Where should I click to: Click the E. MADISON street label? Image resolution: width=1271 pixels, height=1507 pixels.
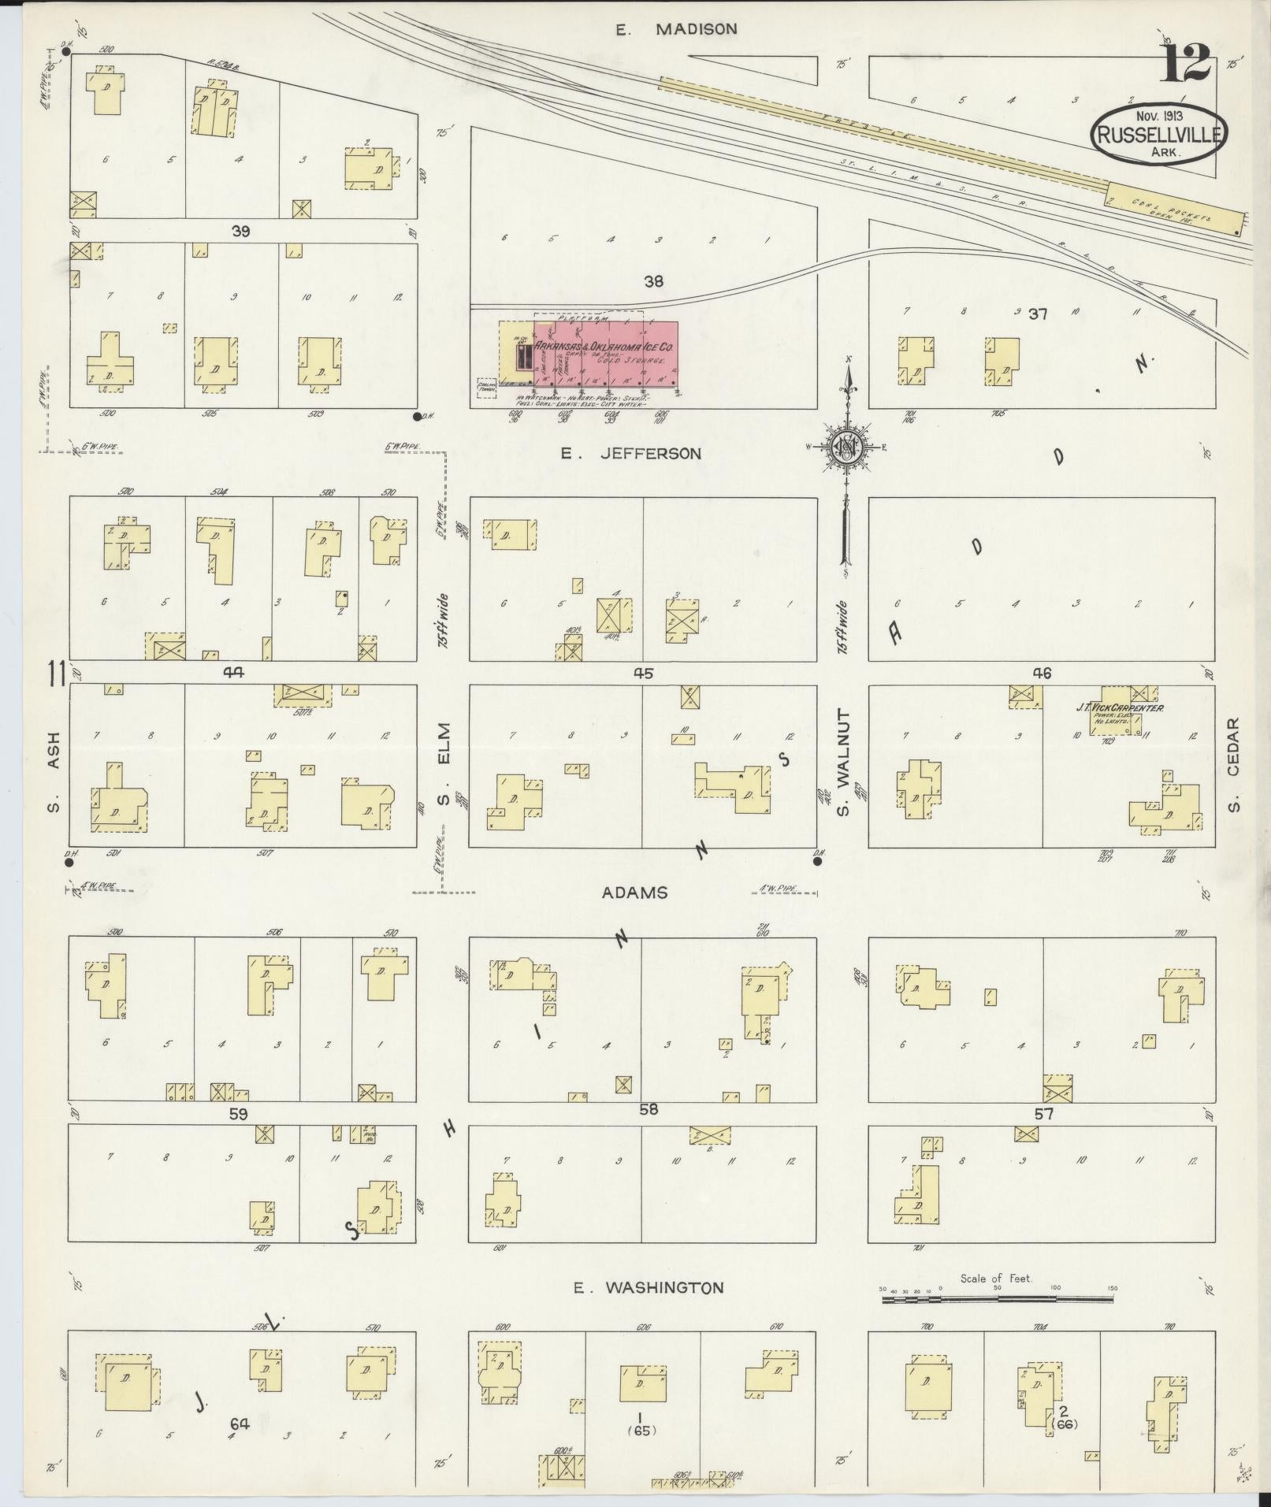676,30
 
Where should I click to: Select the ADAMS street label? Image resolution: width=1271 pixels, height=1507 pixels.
634,893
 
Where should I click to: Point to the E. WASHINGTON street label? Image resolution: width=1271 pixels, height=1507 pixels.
649,1288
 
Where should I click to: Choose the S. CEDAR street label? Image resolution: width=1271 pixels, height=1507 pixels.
1234,763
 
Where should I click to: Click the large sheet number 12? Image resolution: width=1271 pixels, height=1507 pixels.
1184,63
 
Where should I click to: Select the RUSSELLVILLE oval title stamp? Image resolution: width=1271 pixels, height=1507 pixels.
1158,133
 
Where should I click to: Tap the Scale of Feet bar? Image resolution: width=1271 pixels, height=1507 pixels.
997,1294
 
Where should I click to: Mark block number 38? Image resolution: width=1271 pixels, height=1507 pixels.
653,281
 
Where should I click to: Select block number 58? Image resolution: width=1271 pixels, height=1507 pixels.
648,1110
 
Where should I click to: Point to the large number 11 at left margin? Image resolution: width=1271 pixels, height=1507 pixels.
56,675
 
